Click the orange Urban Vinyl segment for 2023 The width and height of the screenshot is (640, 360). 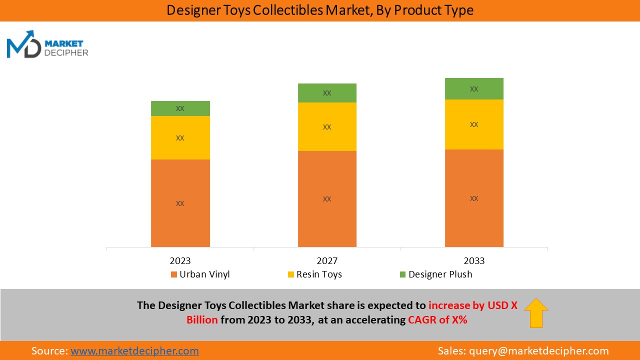tap(180, 203)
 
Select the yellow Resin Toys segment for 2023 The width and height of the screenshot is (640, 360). tap(180, 137)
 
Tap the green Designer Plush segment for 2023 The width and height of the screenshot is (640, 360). tap(180, 108)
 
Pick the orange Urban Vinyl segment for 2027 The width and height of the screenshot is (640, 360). tap(327, 198)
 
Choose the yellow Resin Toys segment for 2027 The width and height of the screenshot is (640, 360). tap(327, 126)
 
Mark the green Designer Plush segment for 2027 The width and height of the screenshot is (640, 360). tap(327, 93)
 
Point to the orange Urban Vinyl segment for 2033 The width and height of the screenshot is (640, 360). tap(474, 198)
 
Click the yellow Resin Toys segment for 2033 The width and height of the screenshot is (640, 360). tap(474, 124)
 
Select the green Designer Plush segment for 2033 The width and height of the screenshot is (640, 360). tap(474, 89)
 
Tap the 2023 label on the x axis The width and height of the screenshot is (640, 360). tap(180, 261)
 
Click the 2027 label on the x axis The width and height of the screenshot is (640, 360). tap(327, 261)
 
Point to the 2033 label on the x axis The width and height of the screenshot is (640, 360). tap(474, 261)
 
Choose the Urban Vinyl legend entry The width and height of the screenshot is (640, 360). tap(200, 274)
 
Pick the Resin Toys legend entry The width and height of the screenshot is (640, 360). tap(314, 274)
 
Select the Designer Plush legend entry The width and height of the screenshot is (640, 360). tap(435, 274)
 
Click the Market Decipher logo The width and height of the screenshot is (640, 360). tap(47, 44)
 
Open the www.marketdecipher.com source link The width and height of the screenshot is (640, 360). tap(134, 351)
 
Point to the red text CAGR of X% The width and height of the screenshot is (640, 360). tap(437, 320)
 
